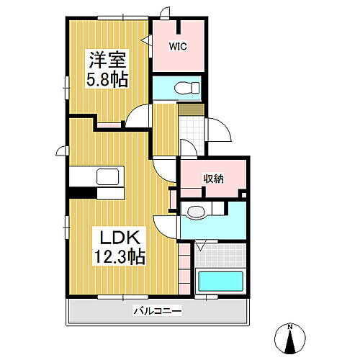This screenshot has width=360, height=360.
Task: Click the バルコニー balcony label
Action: coord(157,311)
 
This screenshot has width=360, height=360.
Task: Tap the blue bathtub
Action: coord(220,281)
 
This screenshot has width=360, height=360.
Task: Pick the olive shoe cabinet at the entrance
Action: coord(189,110)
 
